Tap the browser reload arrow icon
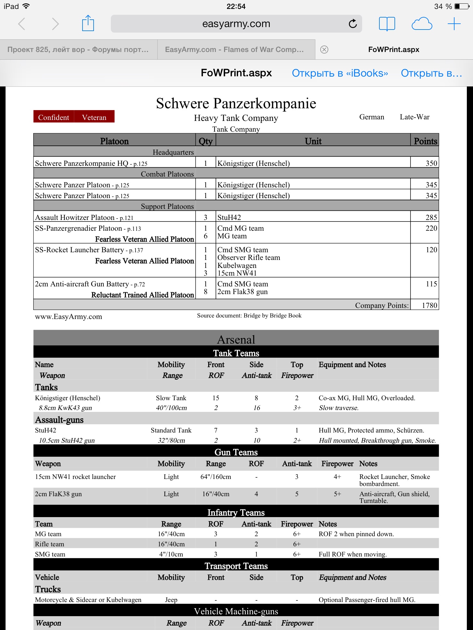pyautogui.click(x=353, y=24)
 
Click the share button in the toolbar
pyautogui.click(x=88, y=23)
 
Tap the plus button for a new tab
pyautogui.click(x=454, y=24)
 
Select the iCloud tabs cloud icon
pyautogui.click(x=422, y=24)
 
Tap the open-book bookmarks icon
pyautogui.click(x=387, y=24)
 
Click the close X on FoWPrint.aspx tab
pyautogui.click(x=324, y=50)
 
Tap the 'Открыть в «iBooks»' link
pyautogui.click(x=340, y=73)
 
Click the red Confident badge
pyautogui.click(x=54, y=117)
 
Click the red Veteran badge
pyautogui.click(x=94, y=117)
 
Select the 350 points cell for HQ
pyautogui.click(x=431, y=163)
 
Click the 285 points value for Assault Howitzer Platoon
pyautogui.click(x=431, y=217)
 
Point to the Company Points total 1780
pyautogui.click(x=429, y=305)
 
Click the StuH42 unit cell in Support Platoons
pyautogui.click(x=229, y=217)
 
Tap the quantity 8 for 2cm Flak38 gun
pyautogui.click(x=205, y=292)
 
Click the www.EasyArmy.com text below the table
pyautogui.click(x=68, y=317)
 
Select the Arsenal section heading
pyautogui.click(x=236, y=340)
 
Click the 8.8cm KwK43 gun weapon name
pyautogui.click(x=65, y=408)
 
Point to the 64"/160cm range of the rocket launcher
pyautogui.click(x=216, y=477)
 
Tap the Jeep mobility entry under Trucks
pyautogui.click(x=171, y=600)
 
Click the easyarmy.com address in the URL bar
pyautogui.click(x=236, y=24)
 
